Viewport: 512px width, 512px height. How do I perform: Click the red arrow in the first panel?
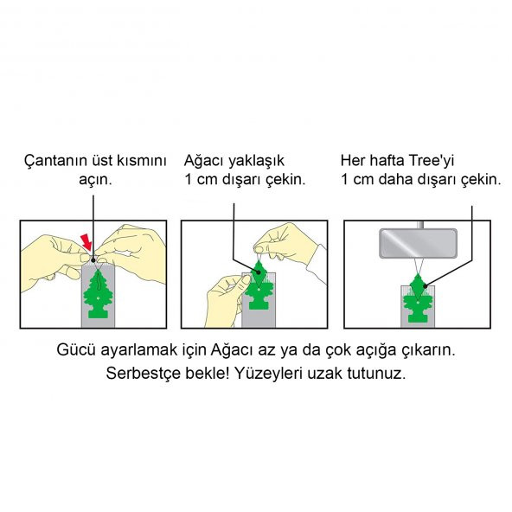[85, 239]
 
